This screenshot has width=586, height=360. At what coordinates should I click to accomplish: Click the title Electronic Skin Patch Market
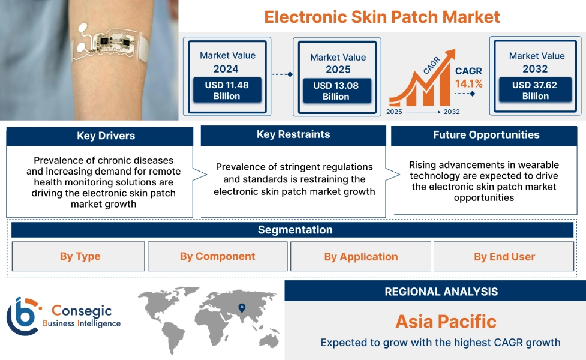coord(382,16)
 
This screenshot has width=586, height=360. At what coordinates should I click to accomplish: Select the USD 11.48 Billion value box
coord(226,91)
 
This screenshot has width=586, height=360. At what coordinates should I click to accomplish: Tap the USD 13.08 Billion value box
coord(335,91)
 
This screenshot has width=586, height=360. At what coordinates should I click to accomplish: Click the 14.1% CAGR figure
coord(468,83)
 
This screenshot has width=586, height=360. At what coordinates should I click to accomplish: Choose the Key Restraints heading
coord(293,134)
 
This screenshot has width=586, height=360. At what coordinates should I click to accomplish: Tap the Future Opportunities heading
coord(486,135)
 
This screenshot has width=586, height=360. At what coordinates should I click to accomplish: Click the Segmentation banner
coord(294,230)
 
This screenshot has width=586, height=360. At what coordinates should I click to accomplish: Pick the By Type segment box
coord(79,256)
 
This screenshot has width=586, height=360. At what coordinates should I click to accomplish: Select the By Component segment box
coord(217,256)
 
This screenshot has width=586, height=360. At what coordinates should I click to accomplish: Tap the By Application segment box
coord(360,257)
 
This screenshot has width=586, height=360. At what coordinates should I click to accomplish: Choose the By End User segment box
coord(504,257)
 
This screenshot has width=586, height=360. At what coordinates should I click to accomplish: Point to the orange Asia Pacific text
coord(446,321)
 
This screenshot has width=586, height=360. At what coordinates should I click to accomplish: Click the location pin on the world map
coord(242,308)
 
